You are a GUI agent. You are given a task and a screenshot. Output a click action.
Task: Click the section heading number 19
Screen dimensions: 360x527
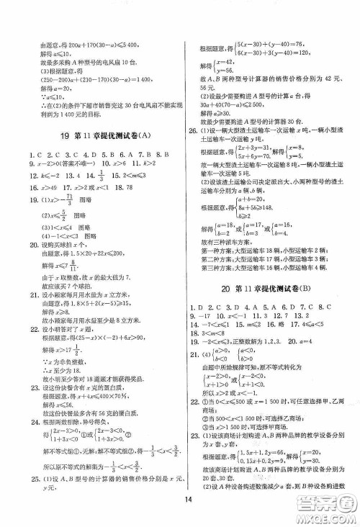click(x=63, y=137)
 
